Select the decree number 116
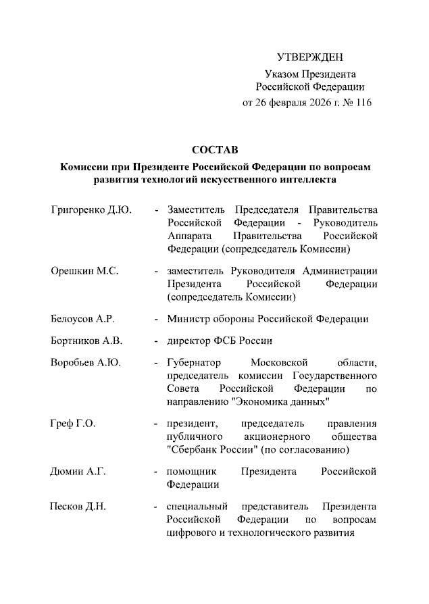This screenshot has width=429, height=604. [x=363, y=103]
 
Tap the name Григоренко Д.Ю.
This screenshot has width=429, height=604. [x=91, y=209]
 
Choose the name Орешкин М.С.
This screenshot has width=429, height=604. [x=84, y=271]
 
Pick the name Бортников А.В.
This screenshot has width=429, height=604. [x=86, y=341]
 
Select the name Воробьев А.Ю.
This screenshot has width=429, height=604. [x=86, y=363]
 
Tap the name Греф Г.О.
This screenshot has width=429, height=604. [x=73, y=424]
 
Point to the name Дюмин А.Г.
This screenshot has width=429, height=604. [x=78, y=472]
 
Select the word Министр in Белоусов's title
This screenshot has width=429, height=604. [x=190, y=319]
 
